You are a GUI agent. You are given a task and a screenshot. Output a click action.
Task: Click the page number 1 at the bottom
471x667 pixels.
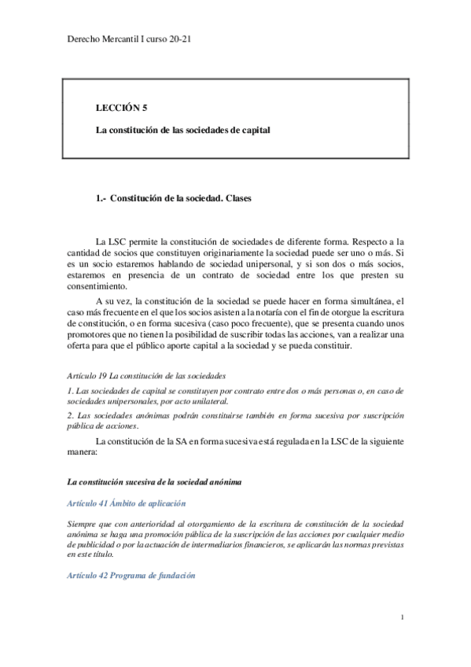pos(402,617)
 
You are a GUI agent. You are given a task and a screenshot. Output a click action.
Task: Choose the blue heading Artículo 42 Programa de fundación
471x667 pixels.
pos(131,575)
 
